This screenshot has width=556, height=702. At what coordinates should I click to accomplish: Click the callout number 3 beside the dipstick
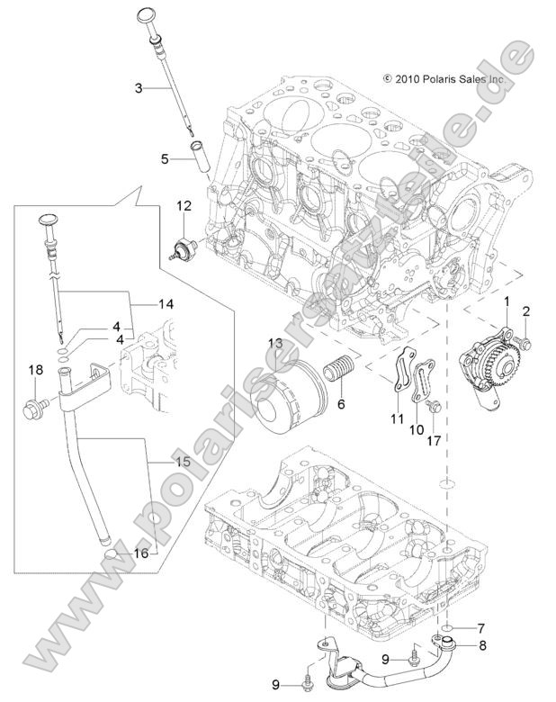pos(139,87)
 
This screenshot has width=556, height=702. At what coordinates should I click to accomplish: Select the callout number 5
pos(165,159)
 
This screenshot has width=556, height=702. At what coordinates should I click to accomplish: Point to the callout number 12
pos(184,206)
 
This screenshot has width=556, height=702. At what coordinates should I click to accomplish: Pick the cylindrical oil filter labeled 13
pos(286,395)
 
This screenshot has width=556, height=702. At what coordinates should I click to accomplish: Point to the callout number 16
pos(140,553)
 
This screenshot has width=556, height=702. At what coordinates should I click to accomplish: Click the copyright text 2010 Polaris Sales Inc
pos(443,79)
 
